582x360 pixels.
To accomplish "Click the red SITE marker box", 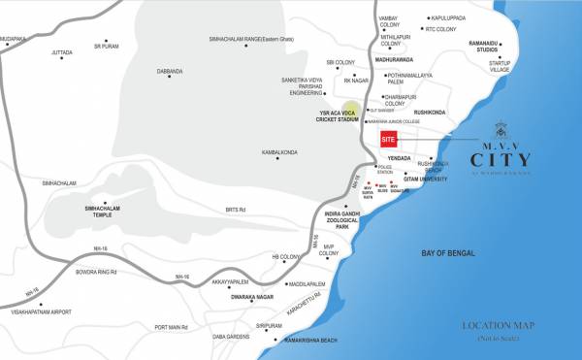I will (389, 139).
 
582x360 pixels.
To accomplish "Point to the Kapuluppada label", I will (450, 17).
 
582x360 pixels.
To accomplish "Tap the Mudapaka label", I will (14, 39).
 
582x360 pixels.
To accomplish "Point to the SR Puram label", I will (106, 45).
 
